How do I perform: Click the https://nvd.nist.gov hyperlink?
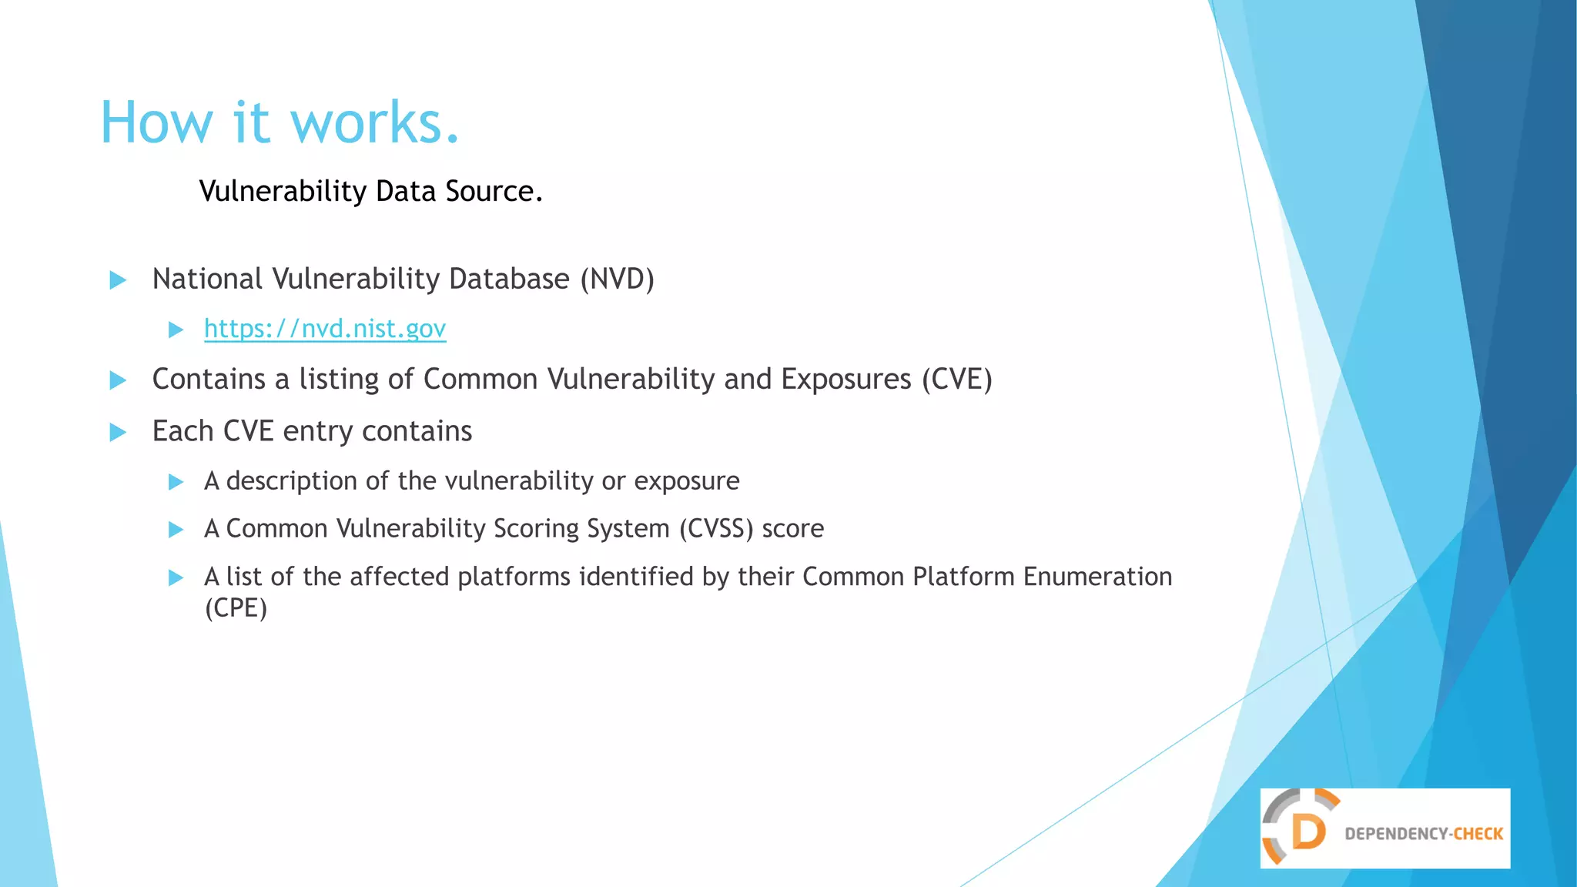tap(324, 329)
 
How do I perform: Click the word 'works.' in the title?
tap(374, 123)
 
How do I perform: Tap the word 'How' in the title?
tap(156, 123)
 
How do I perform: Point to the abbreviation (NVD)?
tap(617, 279)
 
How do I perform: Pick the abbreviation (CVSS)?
tap(715, 529)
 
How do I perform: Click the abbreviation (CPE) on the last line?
tap(236, 608)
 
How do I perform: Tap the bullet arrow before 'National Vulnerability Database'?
tap(118, 279)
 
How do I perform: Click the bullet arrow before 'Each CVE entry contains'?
tap(118, 432)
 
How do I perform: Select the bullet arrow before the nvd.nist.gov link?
tap(176, 330)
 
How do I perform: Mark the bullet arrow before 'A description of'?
tap(176, 482)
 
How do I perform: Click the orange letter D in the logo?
tap(1307, 832)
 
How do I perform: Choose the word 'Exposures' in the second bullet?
tap(845, 379)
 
